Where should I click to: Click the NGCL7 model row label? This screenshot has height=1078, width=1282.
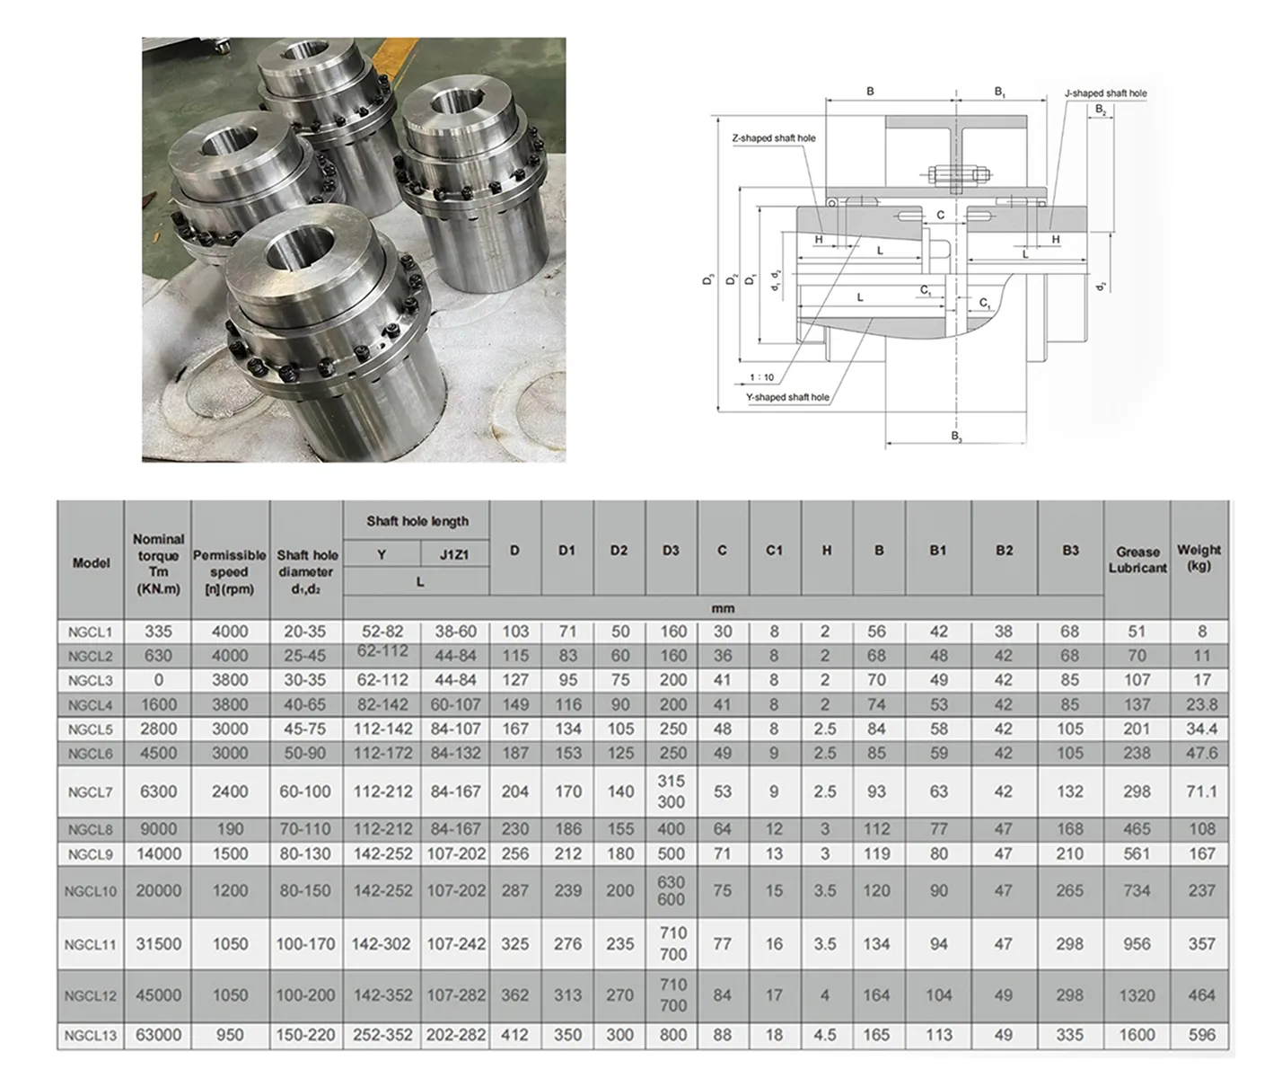click(91, 792)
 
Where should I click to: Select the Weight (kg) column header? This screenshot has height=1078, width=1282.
click(1199, 557)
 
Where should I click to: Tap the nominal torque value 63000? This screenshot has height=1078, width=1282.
click(158, 1035)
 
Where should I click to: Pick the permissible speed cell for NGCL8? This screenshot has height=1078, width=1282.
click(230, 829)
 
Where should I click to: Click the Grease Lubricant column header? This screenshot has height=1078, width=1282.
click(1137, 560)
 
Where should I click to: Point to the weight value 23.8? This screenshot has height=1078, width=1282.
click(1201, 705)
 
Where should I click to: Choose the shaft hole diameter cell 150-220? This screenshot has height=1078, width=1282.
click(305, 1035)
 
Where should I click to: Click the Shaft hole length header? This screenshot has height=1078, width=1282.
click(417, 521)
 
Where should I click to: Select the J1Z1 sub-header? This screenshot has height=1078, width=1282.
click(454, 555)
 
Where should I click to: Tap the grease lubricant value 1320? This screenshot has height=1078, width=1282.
click(1137, 995)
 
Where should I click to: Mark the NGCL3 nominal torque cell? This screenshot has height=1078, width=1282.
click(158, 681)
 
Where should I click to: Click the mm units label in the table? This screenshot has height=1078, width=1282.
click(723, 608)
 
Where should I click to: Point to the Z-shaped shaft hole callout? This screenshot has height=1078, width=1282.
click(774, 138)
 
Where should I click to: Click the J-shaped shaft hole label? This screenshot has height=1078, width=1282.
click(1105, 93)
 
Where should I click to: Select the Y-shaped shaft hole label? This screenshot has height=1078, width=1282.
click(787, 397)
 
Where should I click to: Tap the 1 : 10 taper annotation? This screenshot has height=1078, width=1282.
click(761, 377)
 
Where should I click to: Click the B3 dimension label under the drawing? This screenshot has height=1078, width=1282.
click(957, 437)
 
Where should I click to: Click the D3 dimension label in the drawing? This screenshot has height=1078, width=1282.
click(708, 279)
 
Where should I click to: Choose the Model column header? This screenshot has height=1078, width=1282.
click(91, 563)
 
